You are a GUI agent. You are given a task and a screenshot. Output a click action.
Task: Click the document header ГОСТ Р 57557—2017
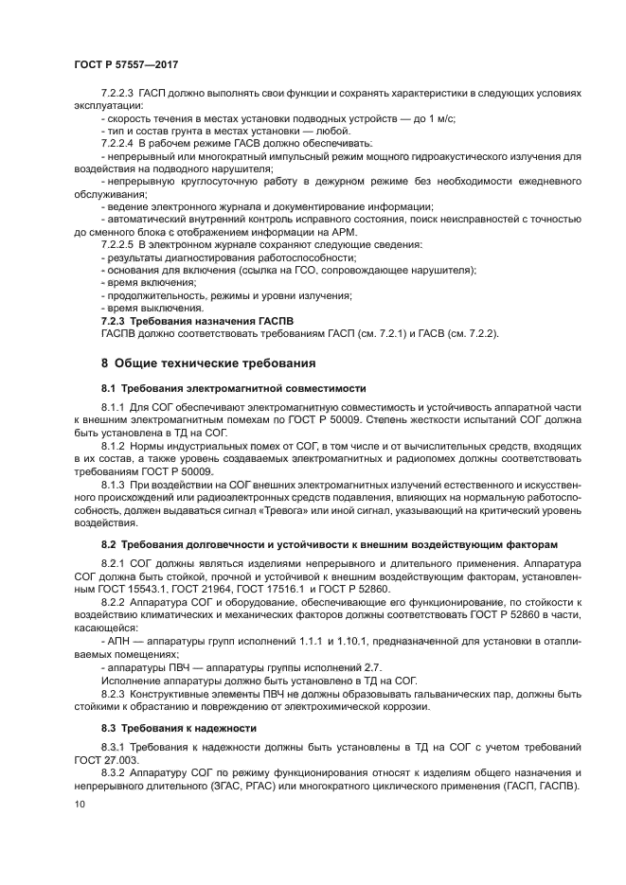click(x=126, y=63)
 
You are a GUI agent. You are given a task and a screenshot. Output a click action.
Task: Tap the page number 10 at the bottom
click(x=79, y=804)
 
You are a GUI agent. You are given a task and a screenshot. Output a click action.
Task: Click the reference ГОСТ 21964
click(x=214, y=589)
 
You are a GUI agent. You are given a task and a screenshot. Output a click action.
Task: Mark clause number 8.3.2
click(x=117, y=773)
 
